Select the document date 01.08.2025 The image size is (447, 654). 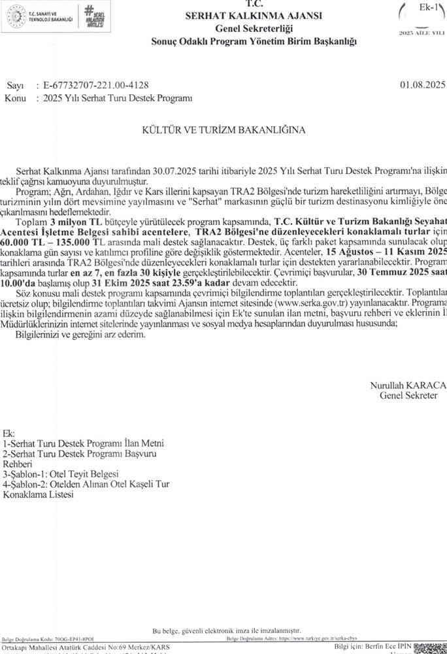click(421, 86)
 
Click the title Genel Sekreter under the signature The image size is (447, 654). click(412, 396)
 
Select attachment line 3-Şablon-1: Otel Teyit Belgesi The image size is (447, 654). click(61, 473)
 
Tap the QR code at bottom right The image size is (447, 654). click(431, 647)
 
